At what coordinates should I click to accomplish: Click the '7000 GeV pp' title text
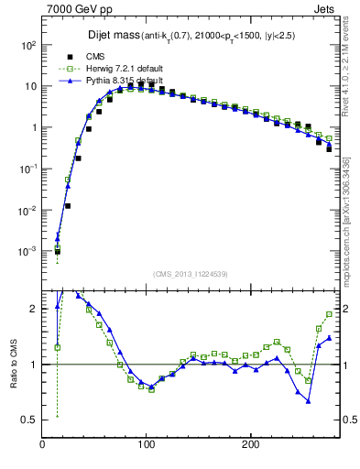(76, 8)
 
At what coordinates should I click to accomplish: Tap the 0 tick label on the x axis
(43, 444)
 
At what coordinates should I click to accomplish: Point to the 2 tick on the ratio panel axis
(33, 310)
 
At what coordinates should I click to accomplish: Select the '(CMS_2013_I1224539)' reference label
(191, 273)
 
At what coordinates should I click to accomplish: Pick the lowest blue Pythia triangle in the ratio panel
(309, 400)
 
